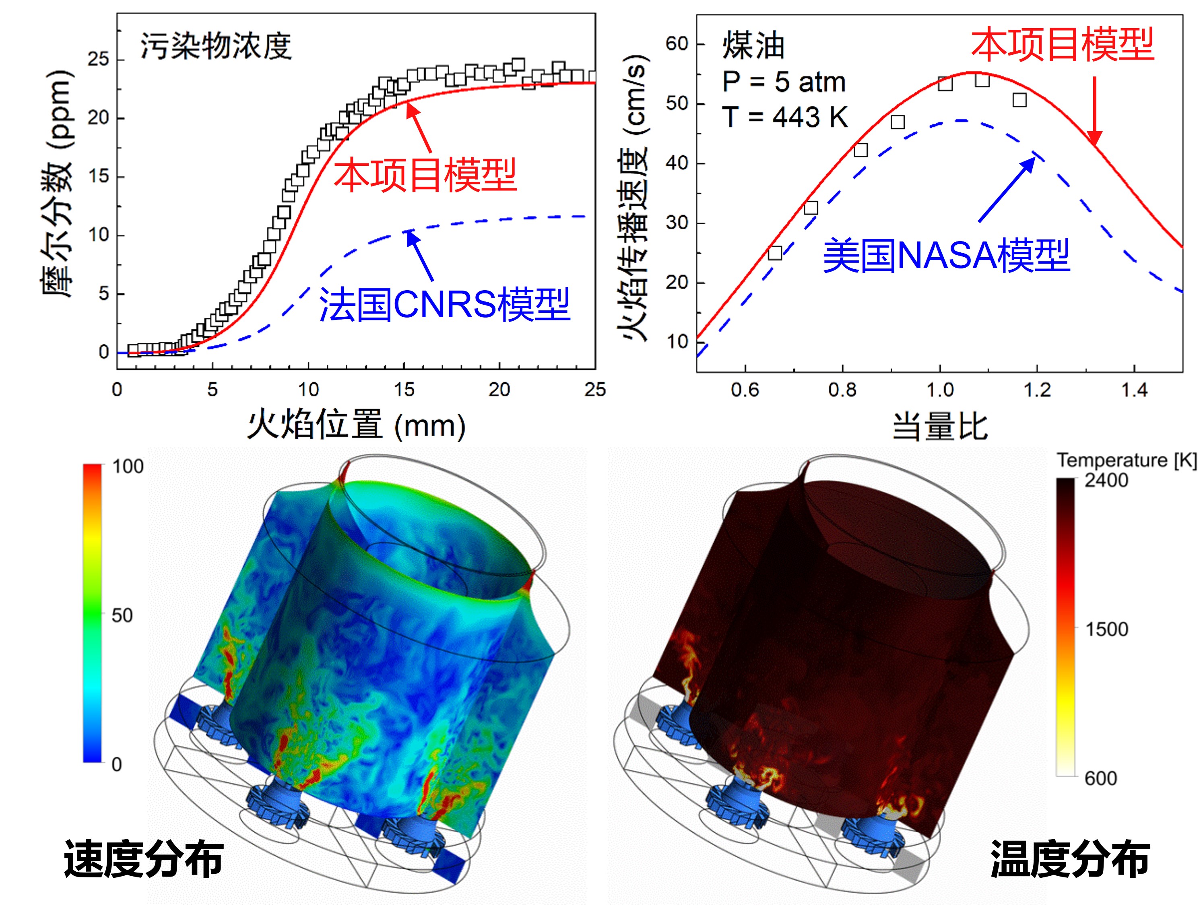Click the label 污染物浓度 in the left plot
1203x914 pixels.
pyautogui.click(x=216, y=46)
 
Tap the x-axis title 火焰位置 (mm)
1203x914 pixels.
pyautogui.click(x=356, y=425)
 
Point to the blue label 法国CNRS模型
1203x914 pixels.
pyautogui.click(x=444, y=305)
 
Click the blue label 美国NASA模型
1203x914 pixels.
pyautogui.click(x=946, y=255)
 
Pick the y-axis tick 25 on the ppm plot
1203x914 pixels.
pyautogui.click(x=99, y=59)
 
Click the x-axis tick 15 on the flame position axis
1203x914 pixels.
pyautogui.click(x=404, y=390)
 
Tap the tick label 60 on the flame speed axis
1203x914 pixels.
pyautogui.click(x=677, y=43)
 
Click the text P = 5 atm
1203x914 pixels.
pyautogui.click(x=784, y=82)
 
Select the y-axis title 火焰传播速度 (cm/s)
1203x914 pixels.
pyautogui.click(x=633, y=198)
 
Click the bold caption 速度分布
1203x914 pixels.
pyautogui.click(x=144, y=859)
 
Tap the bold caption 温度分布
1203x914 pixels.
pyautogui.click(x=1070, y=859)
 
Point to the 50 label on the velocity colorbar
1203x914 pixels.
pyautogui.click(x=122, y=615)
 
